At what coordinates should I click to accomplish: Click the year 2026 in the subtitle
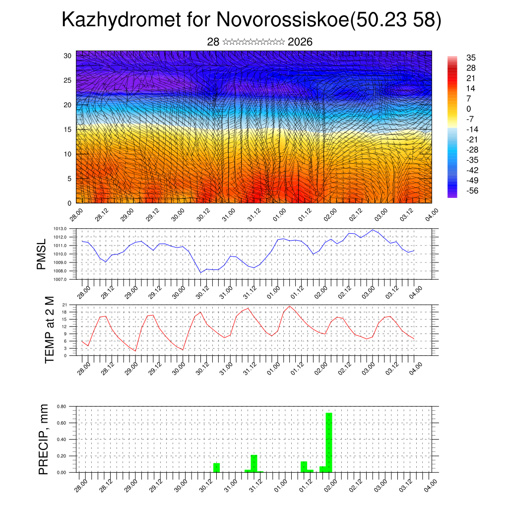(300, 42)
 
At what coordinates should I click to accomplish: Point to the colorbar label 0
(469, 109)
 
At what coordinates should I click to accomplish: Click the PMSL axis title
(42, 254)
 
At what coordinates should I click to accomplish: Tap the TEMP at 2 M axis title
(49, 330)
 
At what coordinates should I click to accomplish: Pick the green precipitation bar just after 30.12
(216, 467)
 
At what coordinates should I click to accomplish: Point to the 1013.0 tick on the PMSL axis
(64, 229)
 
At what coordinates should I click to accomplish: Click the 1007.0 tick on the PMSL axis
(64, 280)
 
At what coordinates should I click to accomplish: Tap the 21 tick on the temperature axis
(65, 305)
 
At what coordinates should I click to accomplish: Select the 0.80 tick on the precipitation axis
(62, 406)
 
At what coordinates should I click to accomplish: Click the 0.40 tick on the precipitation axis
(62, 440)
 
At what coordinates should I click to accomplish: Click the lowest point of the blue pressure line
(201, 272)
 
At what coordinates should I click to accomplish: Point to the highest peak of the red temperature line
(290, 306)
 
